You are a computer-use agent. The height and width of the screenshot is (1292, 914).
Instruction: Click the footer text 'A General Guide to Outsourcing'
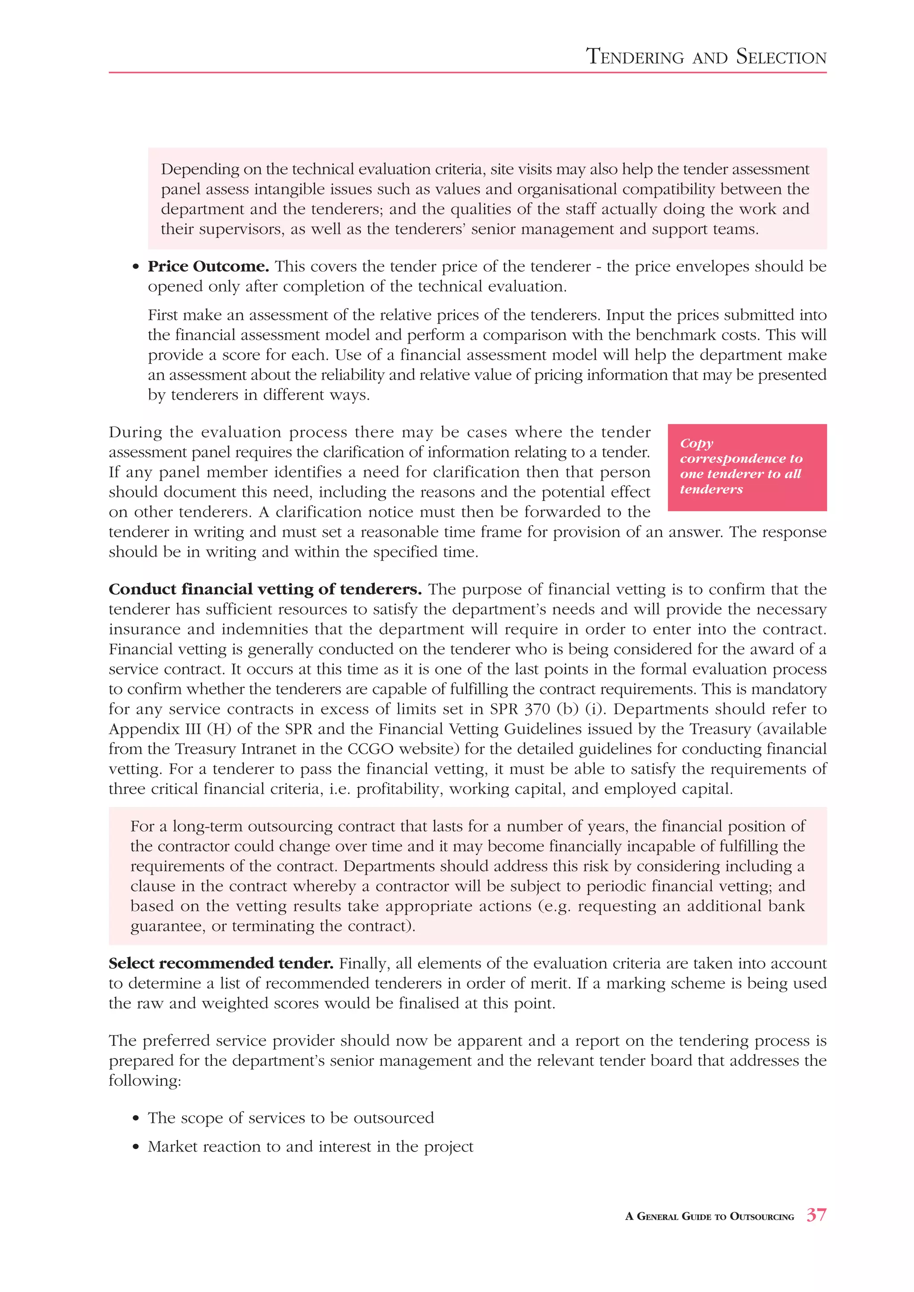(x=709, y=1217)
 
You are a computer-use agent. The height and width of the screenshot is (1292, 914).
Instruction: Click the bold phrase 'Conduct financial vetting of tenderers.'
(x=265, y=589)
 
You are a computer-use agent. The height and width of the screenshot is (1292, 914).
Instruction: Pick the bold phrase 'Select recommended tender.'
(x=220, y=963)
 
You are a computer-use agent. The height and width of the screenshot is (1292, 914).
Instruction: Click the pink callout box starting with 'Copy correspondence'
(x=747, y=467)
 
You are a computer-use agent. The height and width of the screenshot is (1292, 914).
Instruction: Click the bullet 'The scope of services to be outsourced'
(x=291, y=1118)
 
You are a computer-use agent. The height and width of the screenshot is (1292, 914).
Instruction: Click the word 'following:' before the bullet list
(x=145, y=1081)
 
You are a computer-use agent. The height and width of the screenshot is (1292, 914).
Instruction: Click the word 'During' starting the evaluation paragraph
(x=135, y=432)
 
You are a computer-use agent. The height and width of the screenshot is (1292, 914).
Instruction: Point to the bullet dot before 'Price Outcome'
(x=135, y=267)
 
